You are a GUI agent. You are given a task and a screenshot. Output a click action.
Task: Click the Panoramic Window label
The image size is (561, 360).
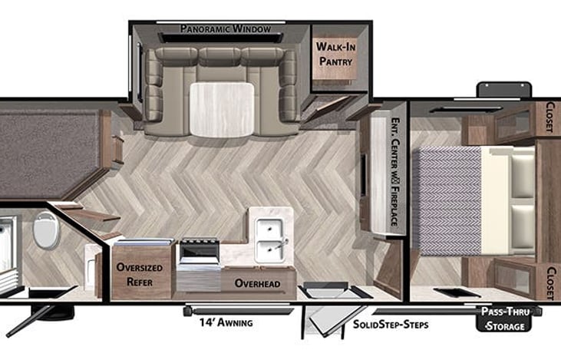(x=226, y=29)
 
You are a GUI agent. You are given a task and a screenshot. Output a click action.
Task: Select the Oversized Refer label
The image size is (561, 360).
(x=142, y=275)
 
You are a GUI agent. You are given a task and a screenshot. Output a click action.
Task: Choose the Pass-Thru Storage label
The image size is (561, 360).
(x=503, y=319)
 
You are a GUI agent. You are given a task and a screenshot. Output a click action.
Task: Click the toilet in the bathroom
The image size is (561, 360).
(x=45, y=231)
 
